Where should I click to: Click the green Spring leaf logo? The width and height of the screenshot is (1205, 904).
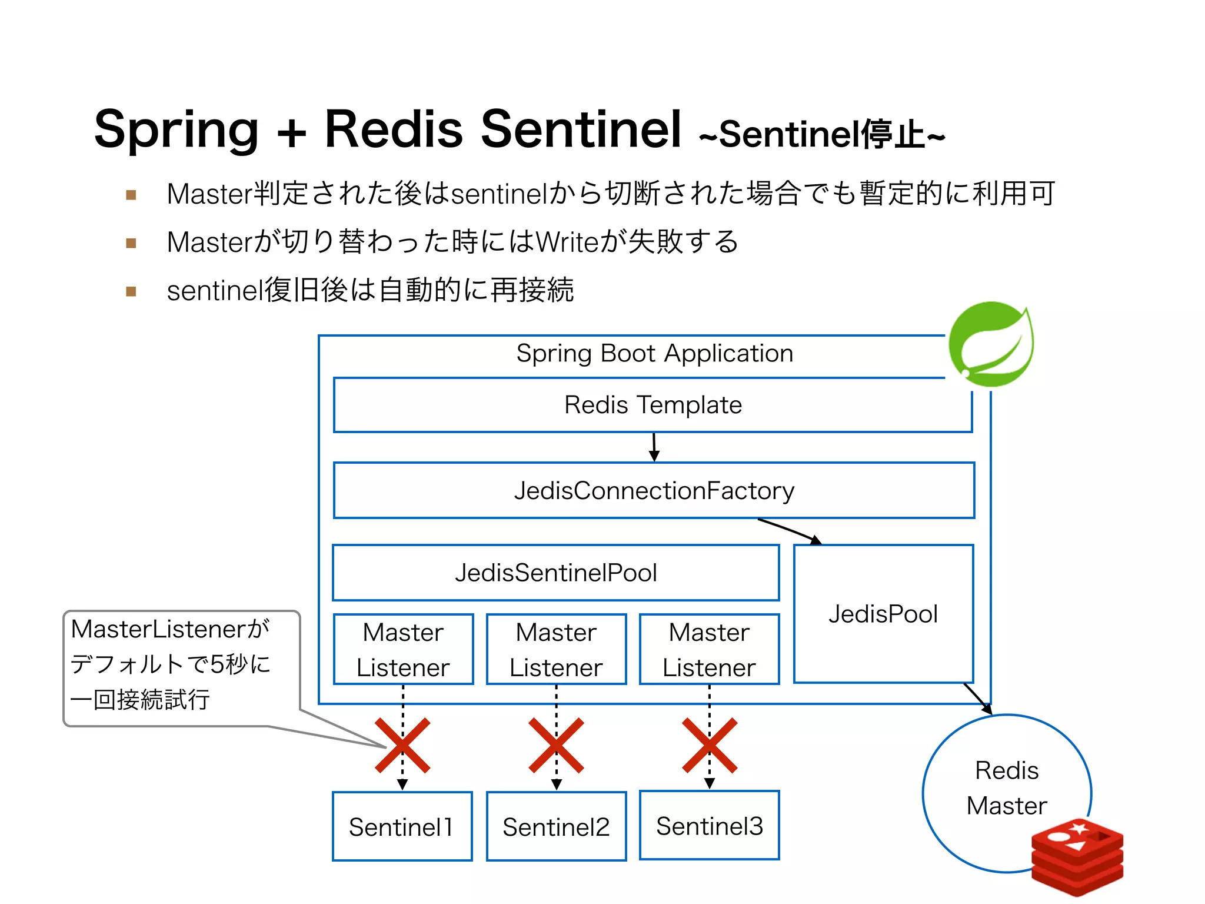coord(991,344)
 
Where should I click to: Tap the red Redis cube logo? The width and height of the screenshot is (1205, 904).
coord(1077,857)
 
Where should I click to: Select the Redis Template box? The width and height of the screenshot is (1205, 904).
coord(653,405)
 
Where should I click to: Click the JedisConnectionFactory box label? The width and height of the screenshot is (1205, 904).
coord(654,490)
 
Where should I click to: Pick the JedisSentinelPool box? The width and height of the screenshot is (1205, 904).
coord(555,573)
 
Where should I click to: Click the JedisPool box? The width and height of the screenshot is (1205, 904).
coord(883,614)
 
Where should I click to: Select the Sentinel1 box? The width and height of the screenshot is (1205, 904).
coord(402,826)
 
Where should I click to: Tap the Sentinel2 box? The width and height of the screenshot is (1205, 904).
coord(556,826)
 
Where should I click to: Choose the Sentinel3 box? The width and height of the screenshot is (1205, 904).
coord(709,826)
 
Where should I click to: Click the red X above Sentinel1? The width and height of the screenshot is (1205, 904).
coord(402,745)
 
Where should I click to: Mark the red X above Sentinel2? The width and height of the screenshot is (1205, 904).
coord(556,745)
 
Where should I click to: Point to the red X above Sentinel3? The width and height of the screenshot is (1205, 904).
coord(709,745)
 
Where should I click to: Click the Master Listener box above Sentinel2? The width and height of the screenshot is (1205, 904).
coord(556,649)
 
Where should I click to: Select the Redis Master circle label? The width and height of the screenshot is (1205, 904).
coord(1006,787)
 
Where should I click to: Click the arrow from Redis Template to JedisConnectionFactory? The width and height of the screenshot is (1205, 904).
coord(654,447)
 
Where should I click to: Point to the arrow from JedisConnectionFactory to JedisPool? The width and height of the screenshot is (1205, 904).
coord(788,531)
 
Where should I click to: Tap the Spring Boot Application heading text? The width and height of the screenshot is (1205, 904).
coord(654,353)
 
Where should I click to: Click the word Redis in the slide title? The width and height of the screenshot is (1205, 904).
coord(393,129)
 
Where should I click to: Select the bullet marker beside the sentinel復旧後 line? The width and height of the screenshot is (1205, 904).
coord(131,291)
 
